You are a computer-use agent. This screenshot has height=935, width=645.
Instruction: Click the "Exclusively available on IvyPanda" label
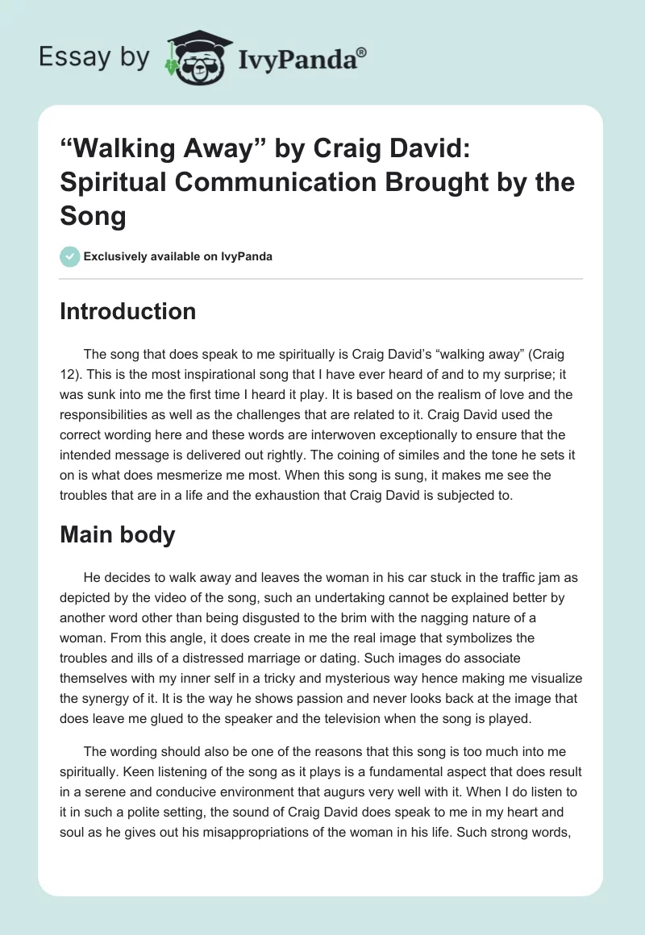(177, 256)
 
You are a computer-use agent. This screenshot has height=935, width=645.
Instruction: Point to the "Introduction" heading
(127, 311)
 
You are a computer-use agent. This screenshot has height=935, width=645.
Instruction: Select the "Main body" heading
(117, 534)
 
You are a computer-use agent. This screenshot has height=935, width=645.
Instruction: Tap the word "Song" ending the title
(93, 216)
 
